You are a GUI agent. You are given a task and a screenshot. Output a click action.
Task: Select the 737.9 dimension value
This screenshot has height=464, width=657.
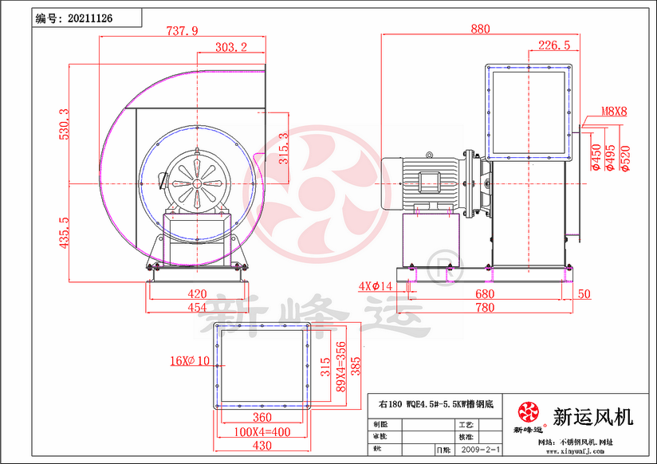pos(182,31)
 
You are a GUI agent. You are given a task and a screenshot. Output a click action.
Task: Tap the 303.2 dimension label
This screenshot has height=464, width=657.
pos(231,48)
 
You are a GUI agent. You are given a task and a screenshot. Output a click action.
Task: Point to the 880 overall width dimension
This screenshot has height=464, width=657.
pos(480,29)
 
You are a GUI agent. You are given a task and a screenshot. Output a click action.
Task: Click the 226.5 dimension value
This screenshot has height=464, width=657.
pos(553,45)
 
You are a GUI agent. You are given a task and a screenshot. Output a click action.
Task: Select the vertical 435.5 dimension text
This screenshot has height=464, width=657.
pos(64,232)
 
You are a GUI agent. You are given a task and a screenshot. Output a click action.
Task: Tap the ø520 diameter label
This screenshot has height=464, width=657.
pos(625,158)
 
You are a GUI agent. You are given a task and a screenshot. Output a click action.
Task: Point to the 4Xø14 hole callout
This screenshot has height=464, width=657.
pos(376,285)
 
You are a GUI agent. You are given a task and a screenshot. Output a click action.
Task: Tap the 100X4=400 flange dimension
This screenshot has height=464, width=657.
pos(262,432)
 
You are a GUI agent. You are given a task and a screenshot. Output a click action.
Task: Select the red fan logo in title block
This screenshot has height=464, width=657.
pos(528,413)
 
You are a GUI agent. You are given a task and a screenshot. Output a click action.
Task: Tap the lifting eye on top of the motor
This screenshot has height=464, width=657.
pos(430,155)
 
